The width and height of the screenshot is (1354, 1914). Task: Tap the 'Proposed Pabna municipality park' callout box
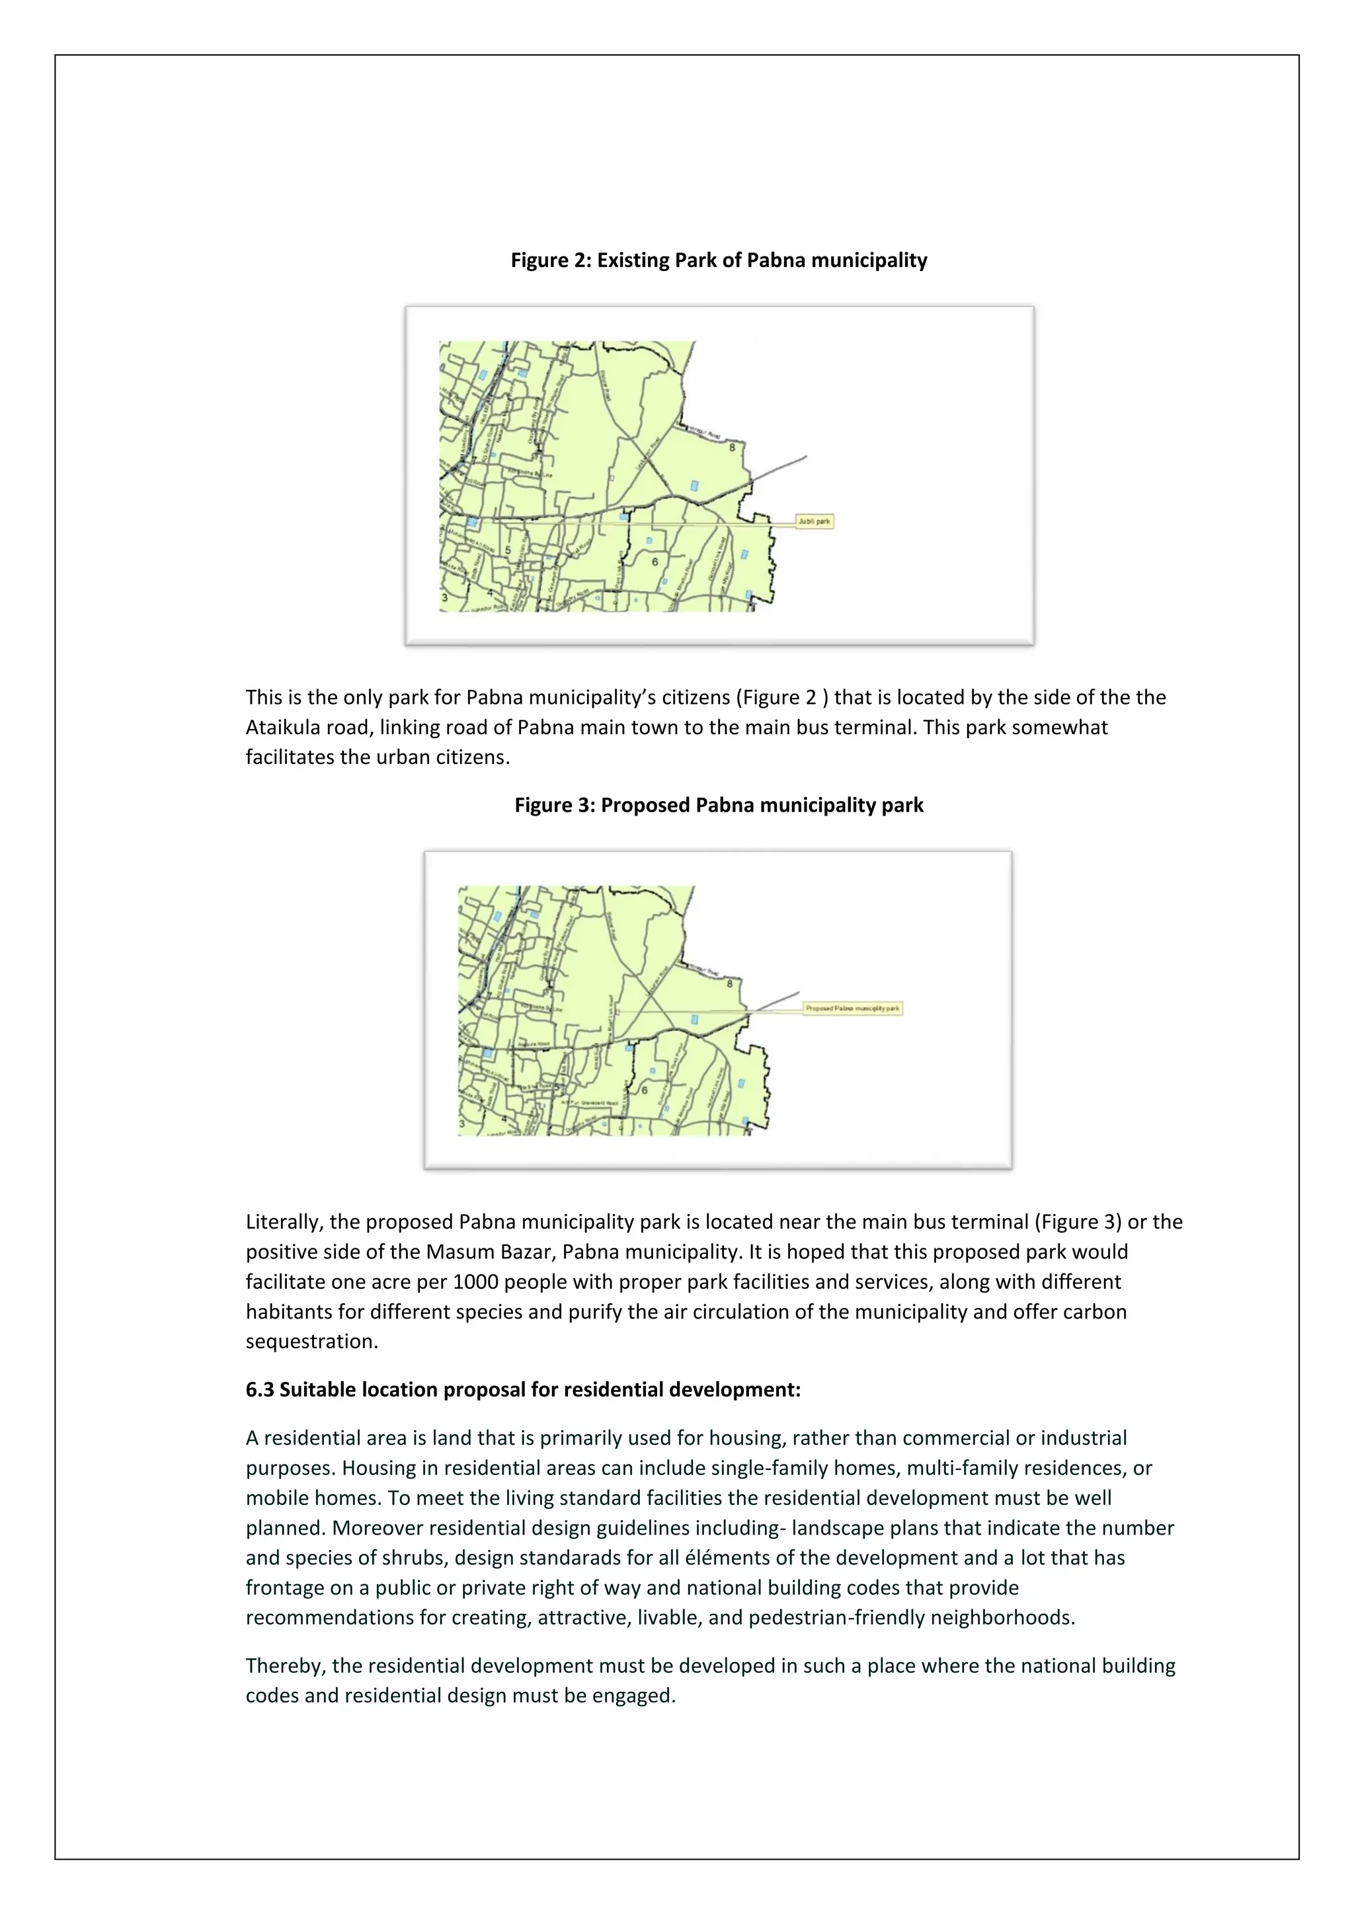(x=852, y=1008)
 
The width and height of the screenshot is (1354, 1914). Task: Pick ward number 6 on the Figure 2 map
(x=655, y=562)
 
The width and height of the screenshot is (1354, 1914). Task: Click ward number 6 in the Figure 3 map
(x=645, y=1091)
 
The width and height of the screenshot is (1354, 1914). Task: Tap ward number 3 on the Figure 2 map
(x=444, y=597)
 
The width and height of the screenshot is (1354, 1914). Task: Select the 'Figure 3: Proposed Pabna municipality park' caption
(x=719, y=805)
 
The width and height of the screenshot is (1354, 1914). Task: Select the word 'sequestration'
(x=311, y=1342)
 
